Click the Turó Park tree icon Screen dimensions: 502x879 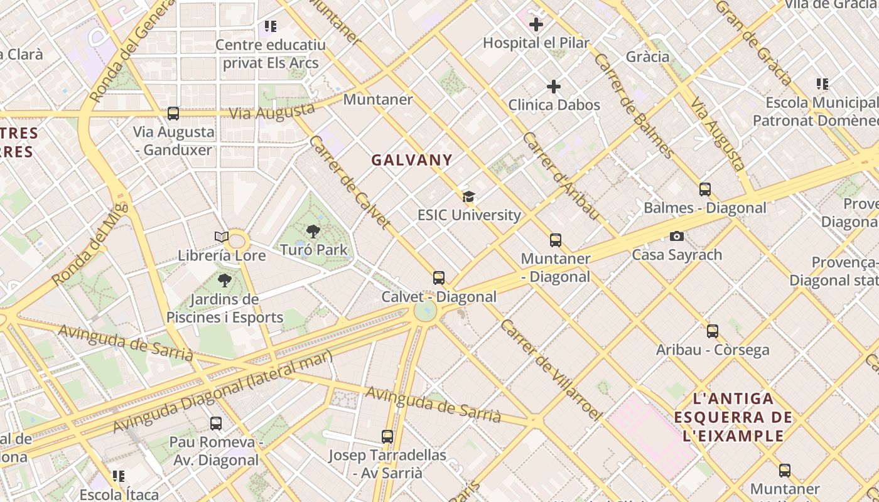313,232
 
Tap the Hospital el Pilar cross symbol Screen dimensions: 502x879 536,25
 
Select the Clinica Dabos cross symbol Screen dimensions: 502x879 554,87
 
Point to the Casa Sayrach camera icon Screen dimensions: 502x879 676,237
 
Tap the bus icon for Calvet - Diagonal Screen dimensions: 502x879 439,278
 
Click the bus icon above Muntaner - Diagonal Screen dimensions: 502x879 556,240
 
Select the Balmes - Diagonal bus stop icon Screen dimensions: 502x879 705,190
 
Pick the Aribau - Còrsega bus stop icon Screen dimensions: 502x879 713,331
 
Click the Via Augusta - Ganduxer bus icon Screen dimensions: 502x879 173,114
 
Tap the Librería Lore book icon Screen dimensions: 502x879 221,237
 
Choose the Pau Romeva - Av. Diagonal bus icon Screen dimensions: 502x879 216,424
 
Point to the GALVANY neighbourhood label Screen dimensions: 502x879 412,160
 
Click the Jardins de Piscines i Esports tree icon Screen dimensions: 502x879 224,280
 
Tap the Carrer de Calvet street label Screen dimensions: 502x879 349,181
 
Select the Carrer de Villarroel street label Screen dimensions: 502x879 551,371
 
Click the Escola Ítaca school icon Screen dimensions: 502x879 119,476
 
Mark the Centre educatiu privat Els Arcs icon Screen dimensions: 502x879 271,26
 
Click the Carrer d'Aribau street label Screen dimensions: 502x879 561,176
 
